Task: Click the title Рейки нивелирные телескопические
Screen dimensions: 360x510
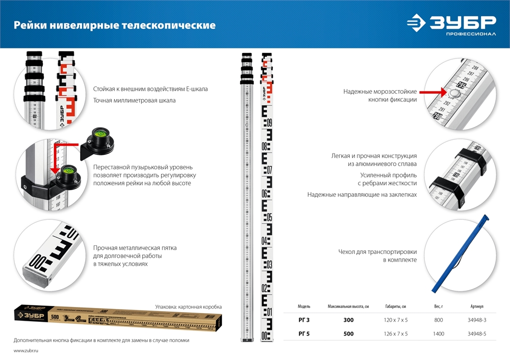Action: click(114, 25)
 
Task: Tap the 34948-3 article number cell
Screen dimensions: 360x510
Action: click(477, 320)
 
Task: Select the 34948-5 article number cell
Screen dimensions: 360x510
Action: click(477, 334)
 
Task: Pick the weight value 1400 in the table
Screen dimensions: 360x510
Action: click(438, 334)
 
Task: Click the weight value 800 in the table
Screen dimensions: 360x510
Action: click(439, 320)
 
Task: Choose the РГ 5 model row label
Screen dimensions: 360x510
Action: click(304, 334)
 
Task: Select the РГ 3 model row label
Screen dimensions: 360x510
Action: click(304, 320)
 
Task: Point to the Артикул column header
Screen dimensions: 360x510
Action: click(477, 306)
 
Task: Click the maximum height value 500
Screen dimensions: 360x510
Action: click(348, 334)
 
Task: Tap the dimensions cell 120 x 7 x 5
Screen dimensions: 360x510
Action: click(396, 320)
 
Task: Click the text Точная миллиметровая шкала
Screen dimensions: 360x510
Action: click(134, 100)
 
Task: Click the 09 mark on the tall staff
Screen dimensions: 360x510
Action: click(269, 122)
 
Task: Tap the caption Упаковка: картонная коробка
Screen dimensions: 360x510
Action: click(188, 307)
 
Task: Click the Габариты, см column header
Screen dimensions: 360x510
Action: click(396, 306)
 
